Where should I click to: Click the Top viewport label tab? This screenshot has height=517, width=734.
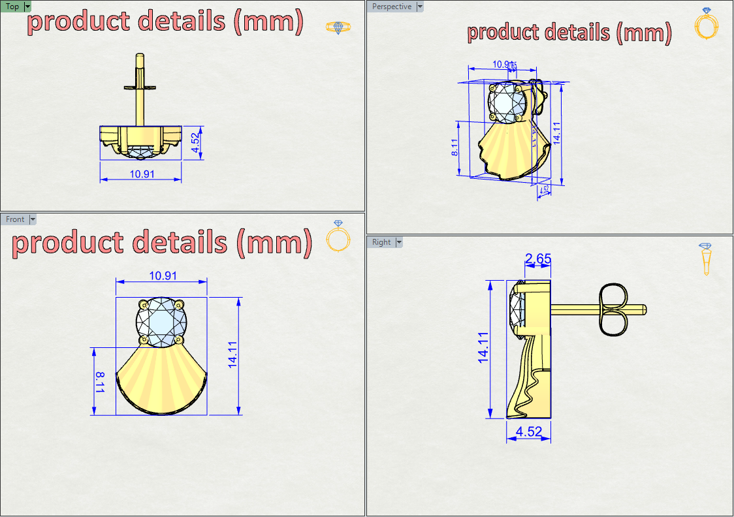(12, 7)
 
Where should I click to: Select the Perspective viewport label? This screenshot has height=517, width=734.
(392, 7)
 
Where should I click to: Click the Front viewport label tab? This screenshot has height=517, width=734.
(15, 219)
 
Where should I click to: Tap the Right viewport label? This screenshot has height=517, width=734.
(381, 242)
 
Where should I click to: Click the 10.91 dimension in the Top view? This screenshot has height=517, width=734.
(142, 174)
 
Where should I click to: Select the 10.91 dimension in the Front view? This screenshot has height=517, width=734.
(163, 276)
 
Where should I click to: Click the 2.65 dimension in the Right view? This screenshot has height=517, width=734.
(538, 258)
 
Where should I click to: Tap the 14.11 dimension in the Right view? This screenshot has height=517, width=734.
(483, 347)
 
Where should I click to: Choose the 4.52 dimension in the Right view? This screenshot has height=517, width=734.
(529, 432)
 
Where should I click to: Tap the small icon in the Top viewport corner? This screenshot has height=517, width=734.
(338, 27)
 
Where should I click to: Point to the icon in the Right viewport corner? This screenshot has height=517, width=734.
(705, 258)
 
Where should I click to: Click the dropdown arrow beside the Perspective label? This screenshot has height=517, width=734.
(420, 7)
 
